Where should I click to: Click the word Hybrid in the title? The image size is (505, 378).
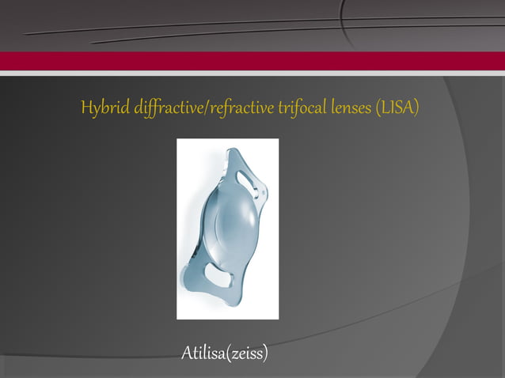click(x=101, y=108)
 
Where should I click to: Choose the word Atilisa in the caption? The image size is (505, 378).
click(x=203, y=352)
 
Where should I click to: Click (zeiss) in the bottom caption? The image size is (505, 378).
click(x=247, y=352)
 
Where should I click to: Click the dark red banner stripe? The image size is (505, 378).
click(x=252, y=61)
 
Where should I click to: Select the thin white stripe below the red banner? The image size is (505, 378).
click(x=252, y=74)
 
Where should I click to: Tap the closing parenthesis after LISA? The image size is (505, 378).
click(x=416, y=108)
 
